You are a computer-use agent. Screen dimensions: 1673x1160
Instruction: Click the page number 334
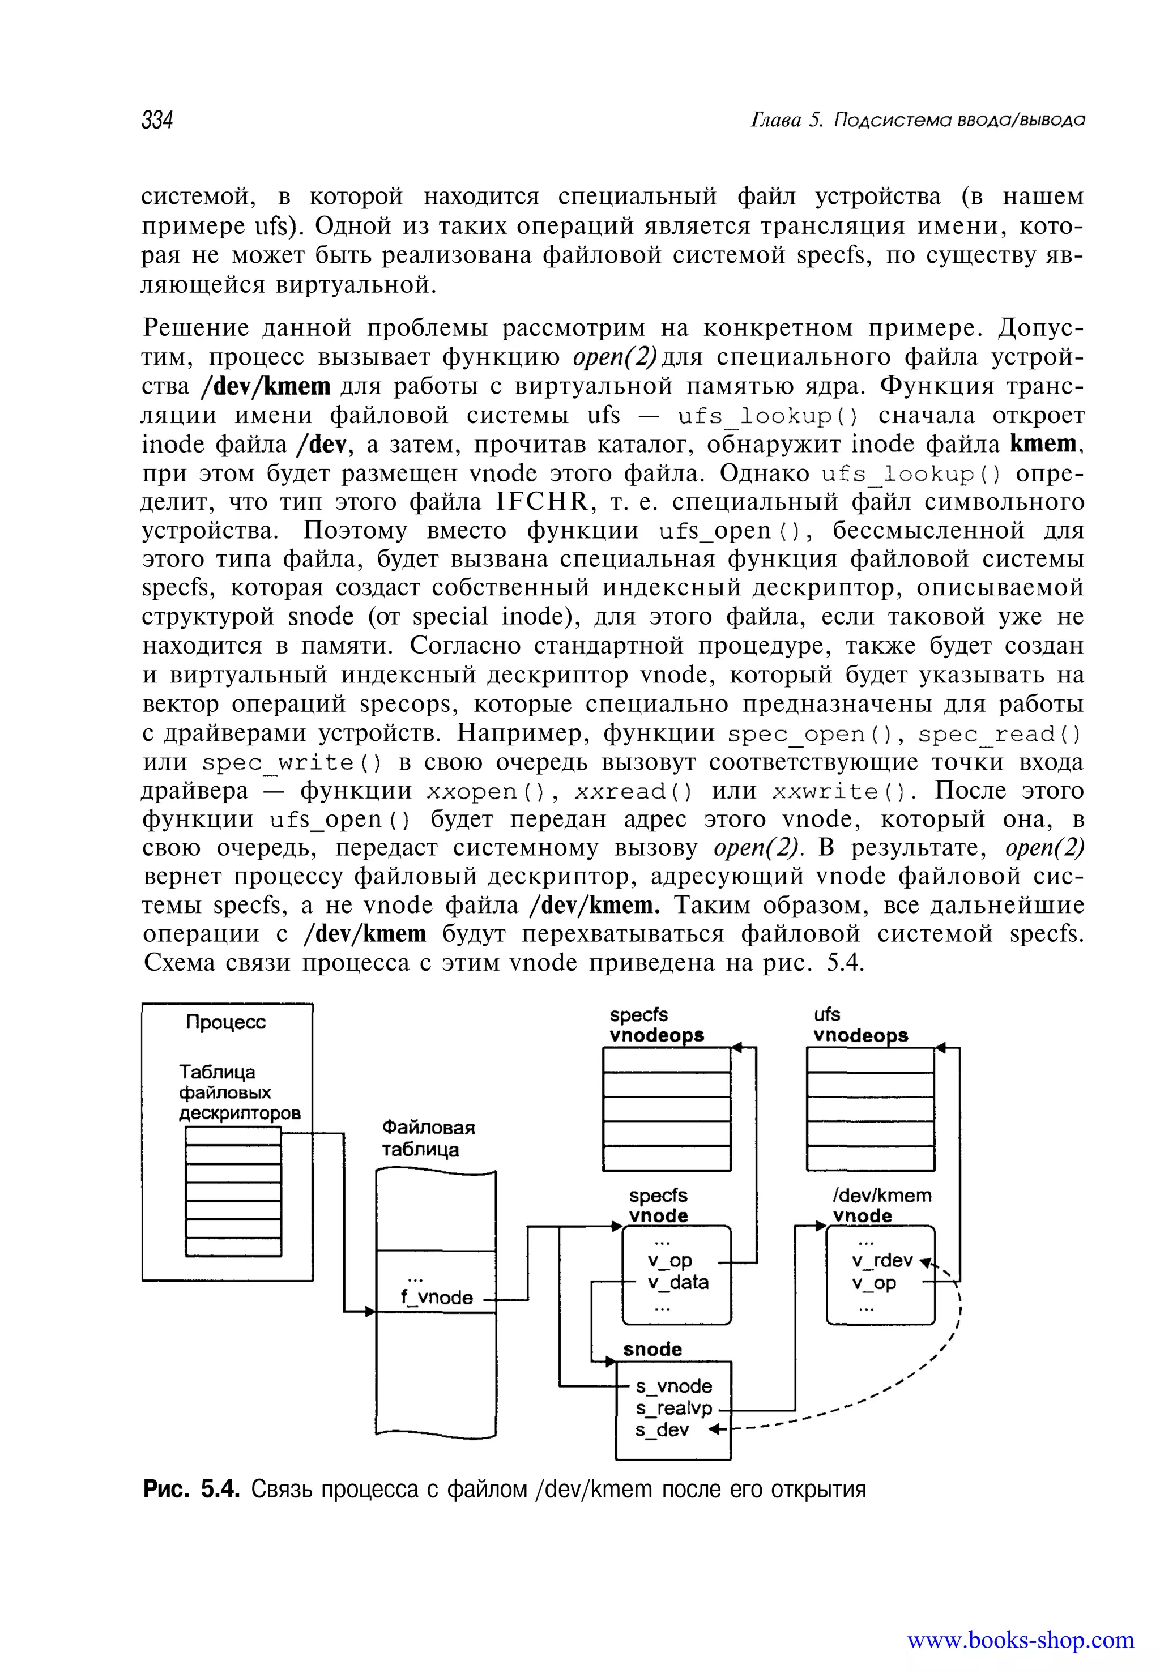pyautogui.click(x=157, y=119)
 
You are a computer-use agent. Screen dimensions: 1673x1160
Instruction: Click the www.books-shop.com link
pyautogui.click(x=1021, y=1640)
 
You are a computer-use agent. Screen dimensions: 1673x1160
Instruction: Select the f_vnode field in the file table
pyautogui.click(x=437, y=1298)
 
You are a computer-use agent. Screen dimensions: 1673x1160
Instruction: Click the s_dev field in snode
pyautogui.click(x=662, y=1430)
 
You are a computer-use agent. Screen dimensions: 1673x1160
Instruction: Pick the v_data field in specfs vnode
pyautogui.click(x=677, y=1282)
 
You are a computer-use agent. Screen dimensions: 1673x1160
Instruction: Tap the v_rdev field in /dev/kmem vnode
pyautogui.click(x=882, y=1260)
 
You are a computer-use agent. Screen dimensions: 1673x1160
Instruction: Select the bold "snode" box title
pyautogui.click(x=652, y=1350)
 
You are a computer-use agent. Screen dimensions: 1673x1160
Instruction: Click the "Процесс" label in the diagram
pyautogui.click(x=225, y=1023)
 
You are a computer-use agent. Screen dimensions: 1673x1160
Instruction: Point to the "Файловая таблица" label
pyautogui.click(x=428, y=1138)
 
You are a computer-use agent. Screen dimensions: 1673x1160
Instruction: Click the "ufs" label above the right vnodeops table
pyautogui.click(x=826, y=1014)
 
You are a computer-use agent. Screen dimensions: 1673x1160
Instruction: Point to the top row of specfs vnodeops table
pyautogui.click(x=666, y=1060)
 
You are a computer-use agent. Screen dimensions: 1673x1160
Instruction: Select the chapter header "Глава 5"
pyautogui.click(x=785, y=119)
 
